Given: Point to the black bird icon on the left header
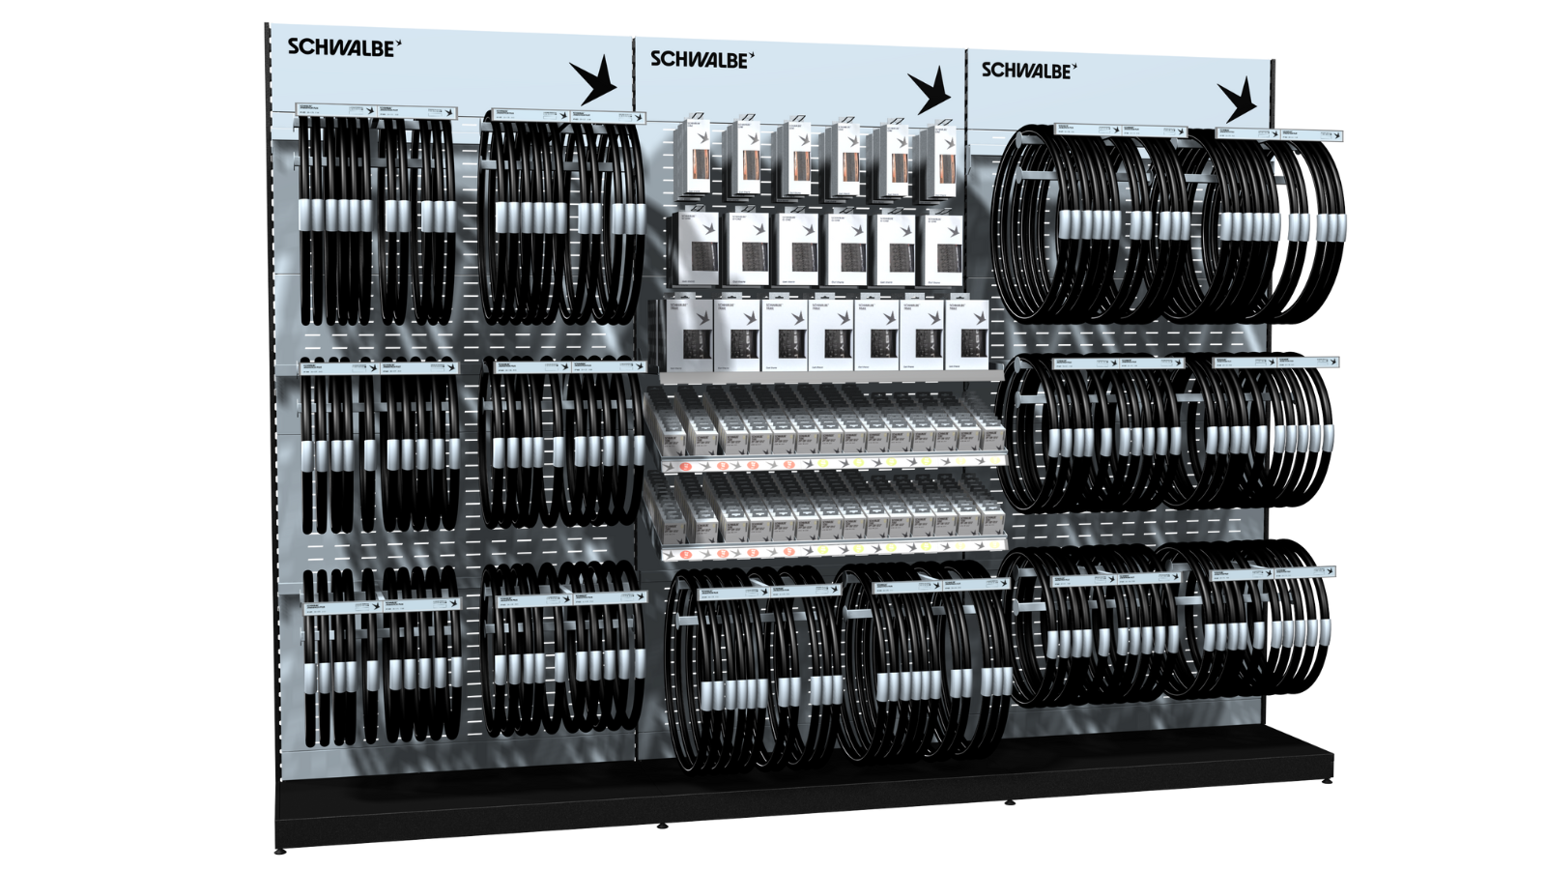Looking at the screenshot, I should [592, 80].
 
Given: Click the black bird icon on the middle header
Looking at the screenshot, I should [930, 91].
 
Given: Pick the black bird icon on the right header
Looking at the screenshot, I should [1237, 100].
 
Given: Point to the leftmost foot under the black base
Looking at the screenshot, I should [281, 852].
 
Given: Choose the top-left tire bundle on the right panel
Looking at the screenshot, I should [1087, 227].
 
